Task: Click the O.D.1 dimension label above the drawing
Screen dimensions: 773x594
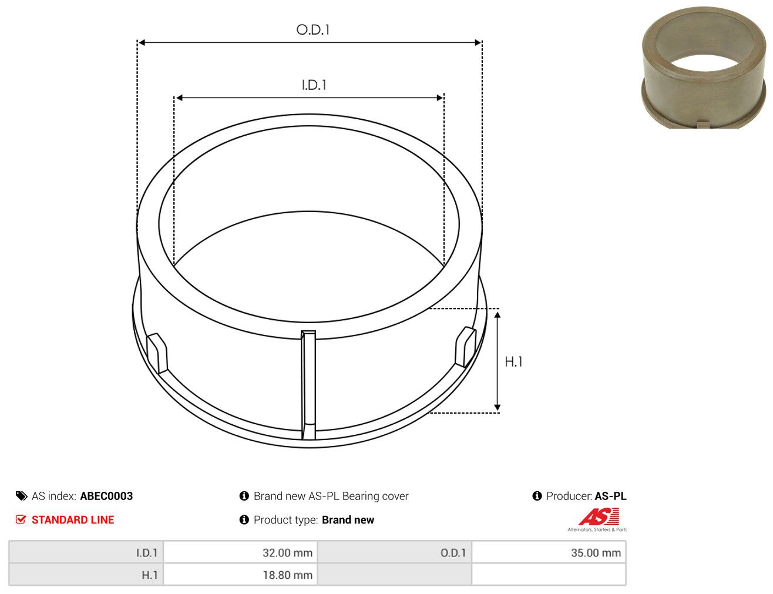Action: pos(312,29)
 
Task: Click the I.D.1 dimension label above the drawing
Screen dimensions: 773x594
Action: pos(314,85)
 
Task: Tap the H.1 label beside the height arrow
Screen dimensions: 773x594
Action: pos(513,362)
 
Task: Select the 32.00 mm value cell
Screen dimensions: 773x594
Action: pos(240,552)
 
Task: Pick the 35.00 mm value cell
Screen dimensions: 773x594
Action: pos(549,552)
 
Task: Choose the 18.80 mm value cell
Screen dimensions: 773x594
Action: pos(240,575)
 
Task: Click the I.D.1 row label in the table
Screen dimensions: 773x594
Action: pos(147,553)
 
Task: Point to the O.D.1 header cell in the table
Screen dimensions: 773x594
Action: pos(453,553)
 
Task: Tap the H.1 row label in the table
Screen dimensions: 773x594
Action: pos(149,575)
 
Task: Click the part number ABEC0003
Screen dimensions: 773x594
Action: pos(106,496)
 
